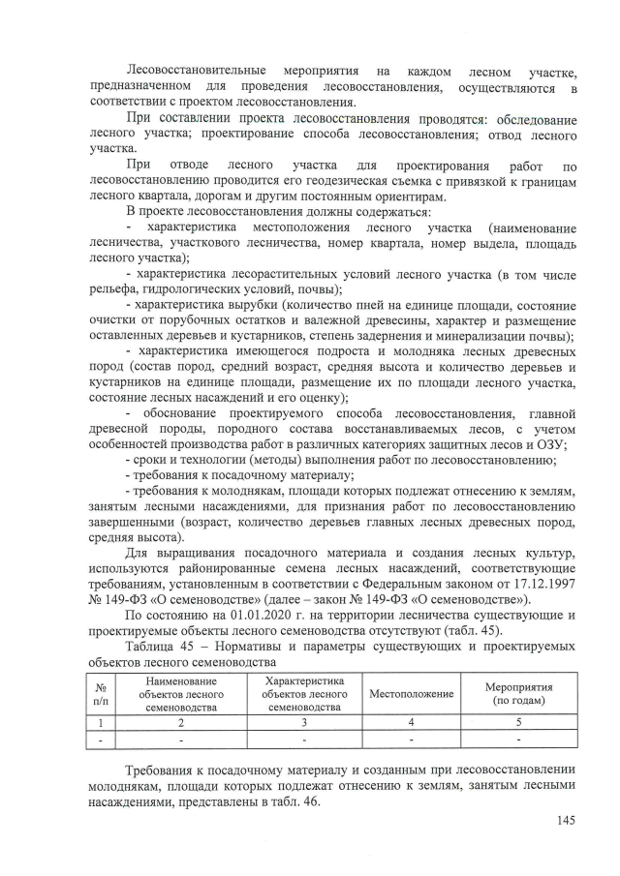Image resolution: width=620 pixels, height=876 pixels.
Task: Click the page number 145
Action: point(566,821)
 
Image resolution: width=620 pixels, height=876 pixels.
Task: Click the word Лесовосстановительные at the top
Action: point(200,72)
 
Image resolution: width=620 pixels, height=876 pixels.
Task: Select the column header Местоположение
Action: point(412,694)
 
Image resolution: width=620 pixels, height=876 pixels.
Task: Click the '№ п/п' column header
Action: point(100,694)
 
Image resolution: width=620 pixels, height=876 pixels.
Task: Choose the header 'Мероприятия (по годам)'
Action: point(519,694)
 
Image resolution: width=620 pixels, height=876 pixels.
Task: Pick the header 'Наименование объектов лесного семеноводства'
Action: point(180,694)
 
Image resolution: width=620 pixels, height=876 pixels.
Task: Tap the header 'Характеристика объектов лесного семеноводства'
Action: point(304,694)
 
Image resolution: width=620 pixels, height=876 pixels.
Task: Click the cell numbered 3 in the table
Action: point(304,721)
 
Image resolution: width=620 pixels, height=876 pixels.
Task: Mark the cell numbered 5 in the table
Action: point(519,721)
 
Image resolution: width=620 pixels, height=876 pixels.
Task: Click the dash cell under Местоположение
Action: point(412,740)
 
